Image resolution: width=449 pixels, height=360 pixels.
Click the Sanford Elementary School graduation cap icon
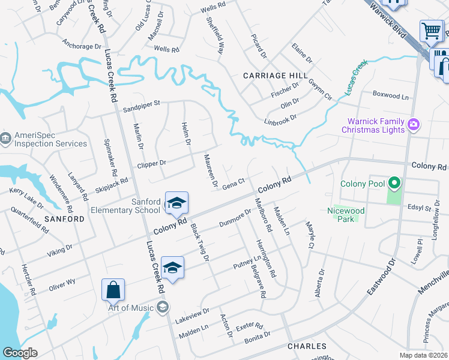[x=176, y=203]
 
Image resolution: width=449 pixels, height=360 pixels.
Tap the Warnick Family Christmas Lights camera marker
[x=413, y=125]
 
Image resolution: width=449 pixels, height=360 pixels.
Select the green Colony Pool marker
[x=394, y=182]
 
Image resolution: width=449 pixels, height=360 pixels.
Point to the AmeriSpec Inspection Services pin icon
[x=5, y=139]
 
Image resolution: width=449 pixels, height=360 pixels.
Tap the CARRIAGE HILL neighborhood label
[x=275, y=76]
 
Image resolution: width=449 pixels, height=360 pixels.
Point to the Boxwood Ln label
[x=390, y=95]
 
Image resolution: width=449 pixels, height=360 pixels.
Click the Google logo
[x=20, y=353]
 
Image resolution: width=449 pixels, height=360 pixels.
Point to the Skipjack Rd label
[x=112, y=184]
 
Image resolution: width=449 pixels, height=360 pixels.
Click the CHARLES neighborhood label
[x=307, y=346]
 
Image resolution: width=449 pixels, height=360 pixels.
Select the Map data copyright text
[x=423, y=355]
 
